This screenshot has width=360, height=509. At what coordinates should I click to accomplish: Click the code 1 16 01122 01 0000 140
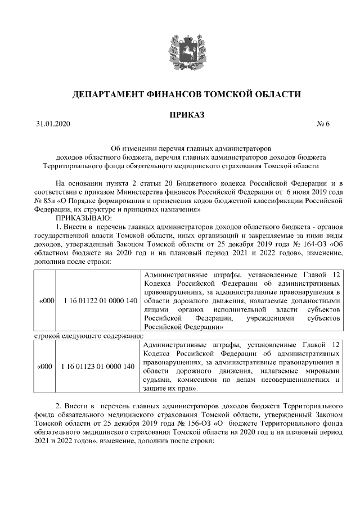click(x=101, y=301)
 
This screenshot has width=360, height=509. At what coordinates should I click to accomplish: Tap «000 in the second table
click(x=44, y=367)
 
